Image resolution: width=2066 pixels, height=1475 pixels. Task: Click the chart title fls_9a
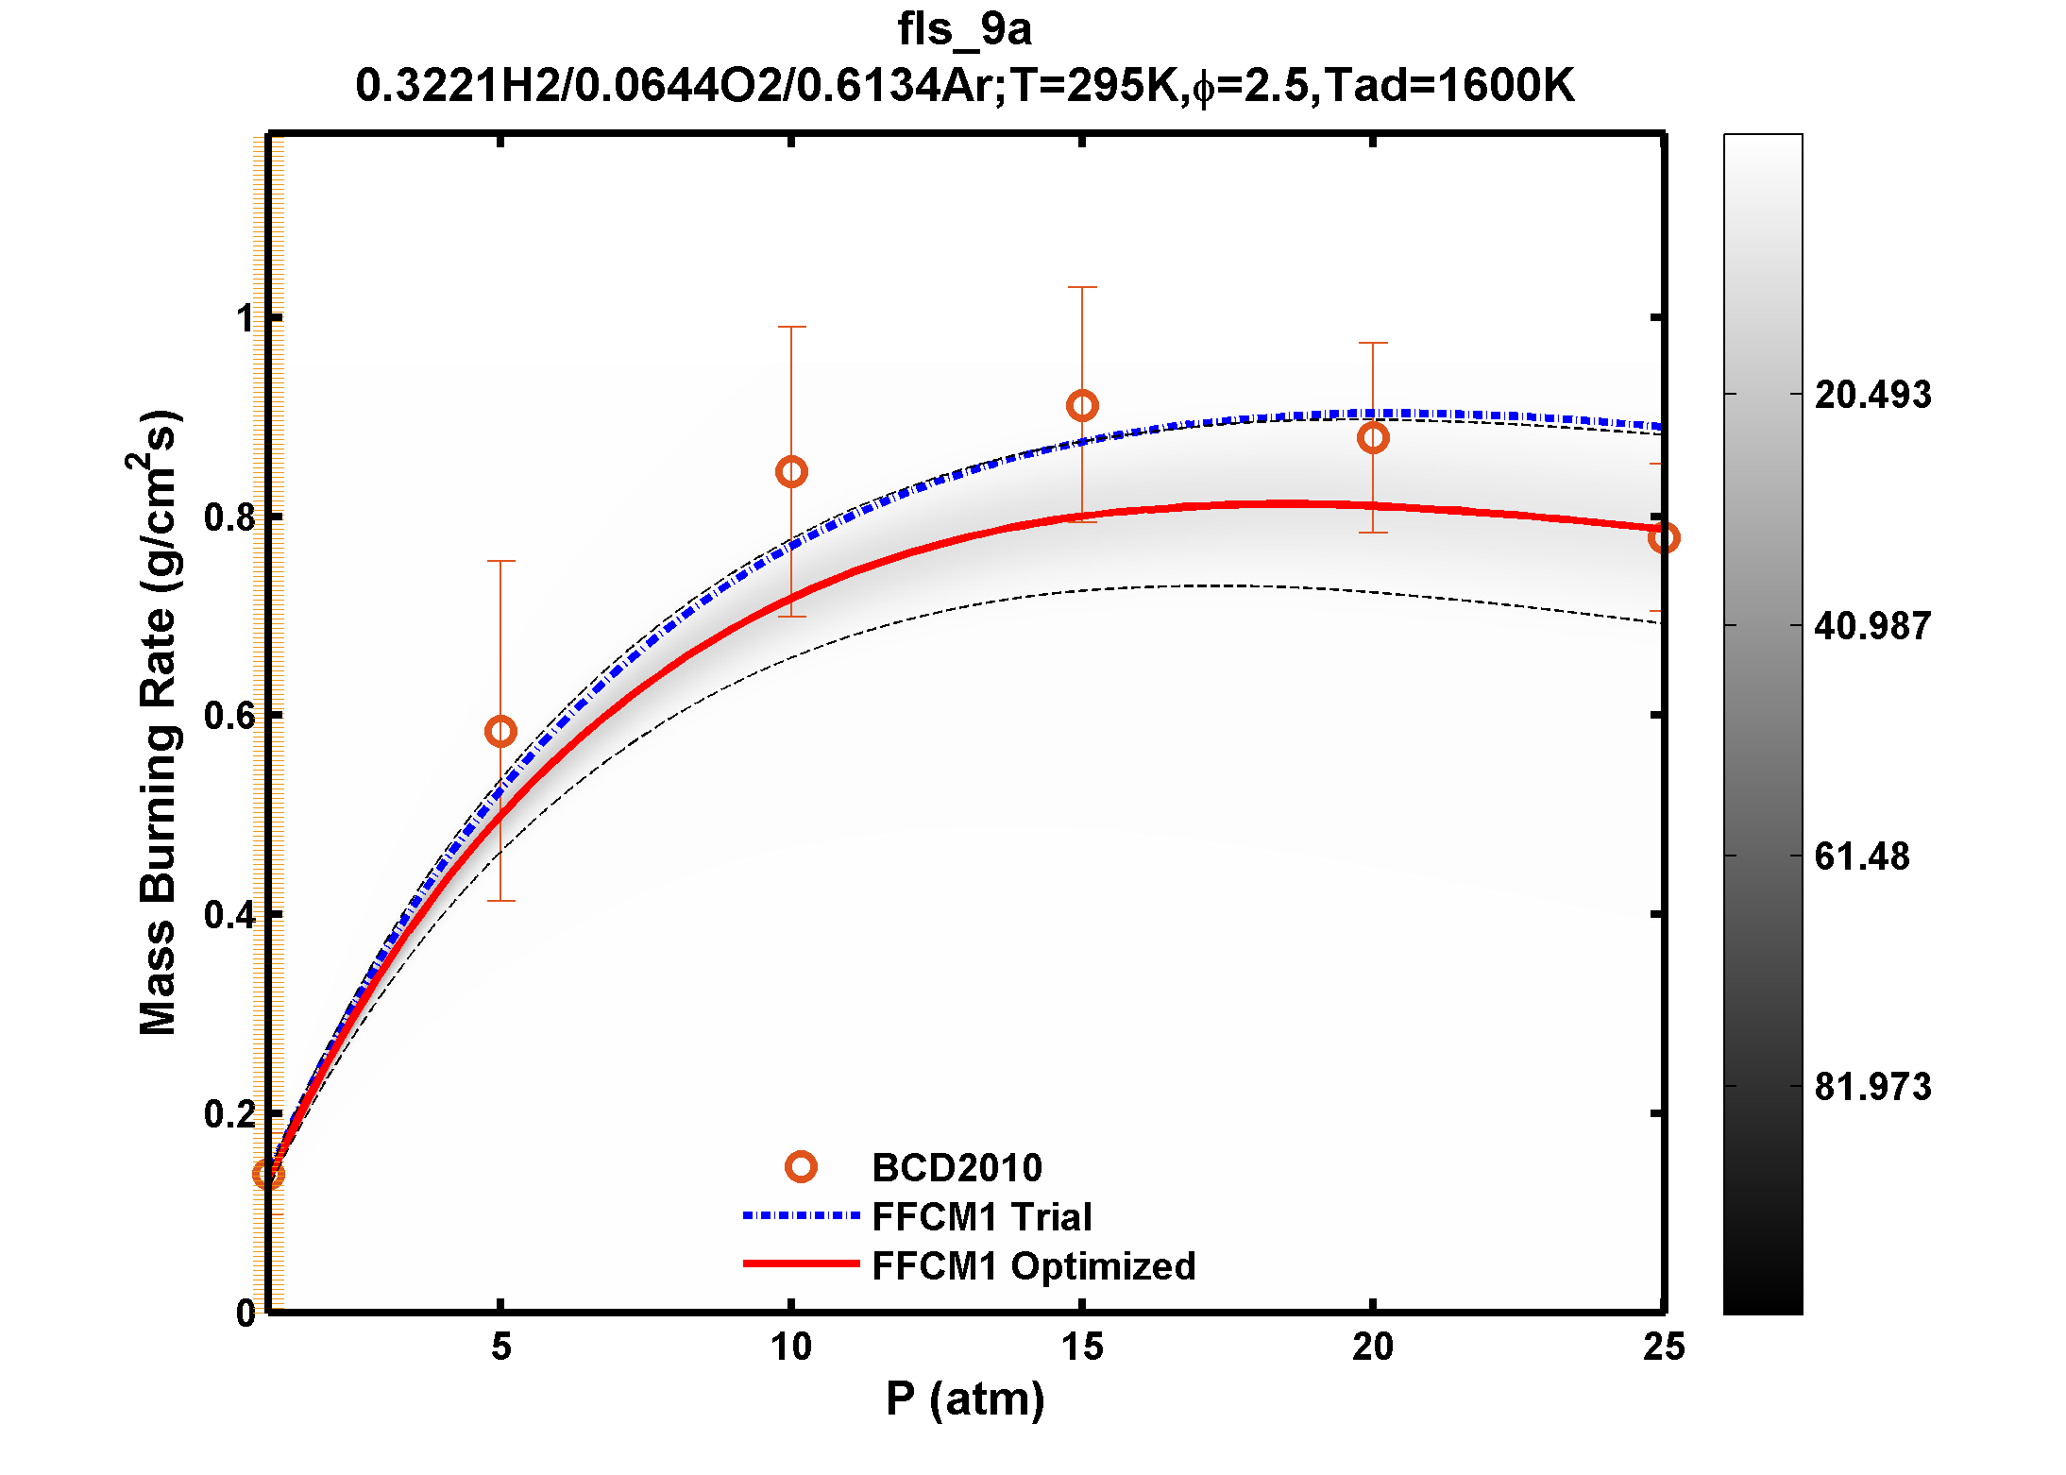click(x=964, y=29)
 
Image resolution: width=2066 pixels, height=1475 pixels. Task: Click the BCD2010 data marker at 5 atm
click(x=500, y=731)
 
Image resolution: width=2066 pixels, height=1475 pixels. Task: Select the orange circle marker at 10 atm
click(x=791, y=472)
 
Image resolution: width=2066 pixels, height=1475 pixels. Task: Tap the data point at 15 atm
click(x=1082, y=406)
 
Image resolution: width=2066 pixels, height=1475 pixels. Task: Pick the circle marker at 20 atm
click(x=1373, y=438)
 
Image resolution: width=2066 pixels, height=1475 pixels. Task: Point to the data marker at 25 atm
click(x=1663, y=538)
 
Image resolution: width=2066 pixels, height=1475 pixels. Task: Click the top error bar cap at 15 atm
click(x=1082, y=287)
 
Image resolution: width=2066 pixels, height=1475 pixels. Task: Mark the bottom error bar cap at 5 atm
click(x=500, y=901)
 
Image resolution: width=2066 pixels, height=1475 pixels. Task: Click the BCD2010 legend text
click(x=957, y=1168)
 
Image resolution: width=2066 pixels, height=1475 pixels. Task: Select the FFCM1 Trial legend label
click(x=981, y=1217)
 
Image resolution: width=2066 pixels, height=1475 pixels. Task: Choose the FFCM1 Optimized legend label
click(x=1033, y=1266)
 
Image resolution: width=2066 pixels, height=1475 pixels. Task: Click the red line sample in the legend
click(x=801, y=1263)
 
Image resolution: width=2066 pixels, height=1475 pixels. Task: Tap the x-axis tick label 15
click(x=1082, y=1348)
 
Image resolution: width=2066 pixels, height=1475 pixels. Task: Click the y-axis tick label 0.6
click(x=230, y=716)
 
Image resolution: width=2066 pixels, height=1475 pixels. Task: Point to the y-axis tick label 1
click(x=246, y=319)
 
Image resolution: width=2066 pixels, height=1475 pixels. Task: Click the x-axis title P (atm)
click(x=964, y=1399)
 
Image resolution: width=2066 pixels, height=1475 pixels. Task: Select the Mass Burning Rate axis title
click(x=158, y=722)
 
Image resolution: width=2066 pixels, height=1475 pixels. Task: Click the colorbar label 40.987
click(x=1872, y=626)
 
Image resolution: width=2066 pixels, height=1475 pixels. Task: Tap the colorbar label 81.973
click(x=1872, y=1087)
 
